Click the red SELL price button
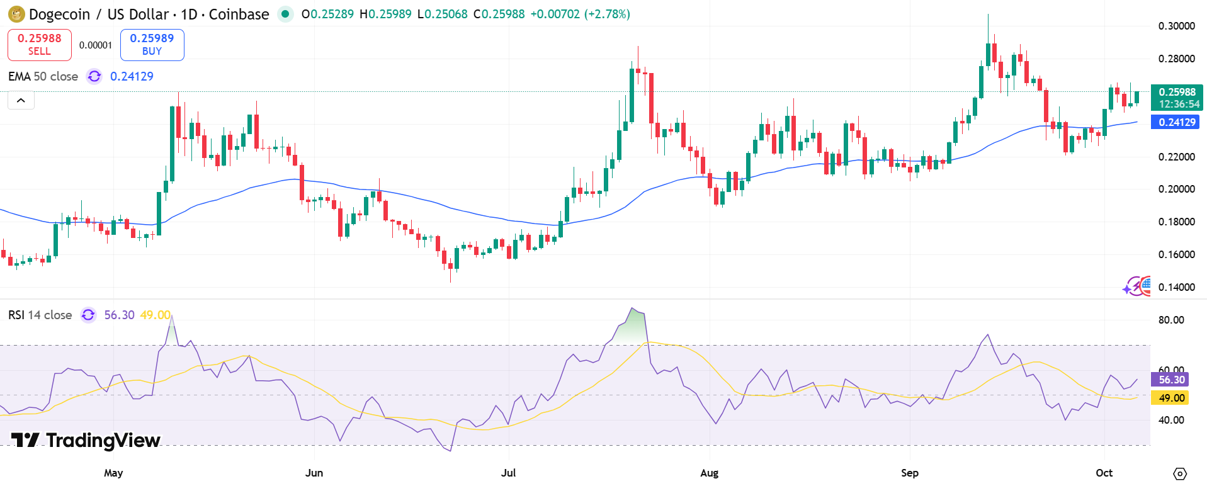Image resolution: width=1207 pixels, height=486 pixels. pyautogui.click(x=39, y=45)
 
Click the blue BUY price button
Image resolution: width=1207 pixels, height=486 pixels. pyautogui.click(x=152, y=45)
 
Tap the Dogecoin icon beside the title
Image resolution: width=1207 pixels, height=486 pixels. pyautogui.click(x=16, y=14)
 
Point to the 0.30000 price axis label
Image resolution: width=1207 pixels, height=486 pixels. pyautogui.click(x=1176, y=26)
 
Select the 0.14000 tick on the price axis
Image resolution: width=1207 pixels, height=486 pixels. pyautogui.click(x=1176, y=287)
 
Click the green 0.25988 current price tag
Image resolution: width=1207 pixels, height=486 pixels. pyautogui.click(x=1176, y=98)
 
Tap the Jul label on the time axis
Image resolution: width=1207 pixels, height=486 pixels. pyautogui.click(x=508, y=473)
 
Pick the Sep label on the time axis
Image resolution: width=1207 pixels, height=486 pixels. pyautogui.click(x=909, y=473)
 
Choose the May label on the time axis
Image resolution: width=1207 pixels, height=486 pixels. pyautogui.click(x=113, y=473)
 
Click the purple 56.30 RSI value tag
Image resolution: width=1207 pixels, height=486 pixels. pyautogui.click(x=1171, y=380)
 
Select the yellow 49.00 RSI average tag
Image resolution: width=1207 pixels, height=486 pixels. pyautogui.click(x=1171, y=398)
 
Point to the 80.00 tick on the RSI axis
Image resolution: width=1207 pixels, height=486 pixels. pyautogui.click(x=1171, y=320)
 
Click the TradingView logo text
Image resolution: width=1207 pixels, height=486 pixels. pyautogui.click(x=86, y=440)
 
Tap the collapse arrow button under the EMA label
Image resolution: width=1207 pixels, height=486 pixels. pyautogui.click(x=21, y=100)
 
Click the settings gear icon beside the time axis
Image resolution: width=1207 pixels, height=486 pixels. pyautogui.click(x=1180, y=473)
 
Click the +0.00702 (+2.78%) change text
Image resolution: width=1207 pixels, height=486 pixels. pyautogui.click(x=580, y=14)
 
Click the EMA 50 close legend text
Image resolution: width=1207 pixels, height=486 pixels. pyautogui.click(x=43, y=76)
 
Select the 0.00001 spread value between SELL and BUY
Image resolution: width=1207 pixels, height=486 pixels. pyautogui.click(x=96, y=45)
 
